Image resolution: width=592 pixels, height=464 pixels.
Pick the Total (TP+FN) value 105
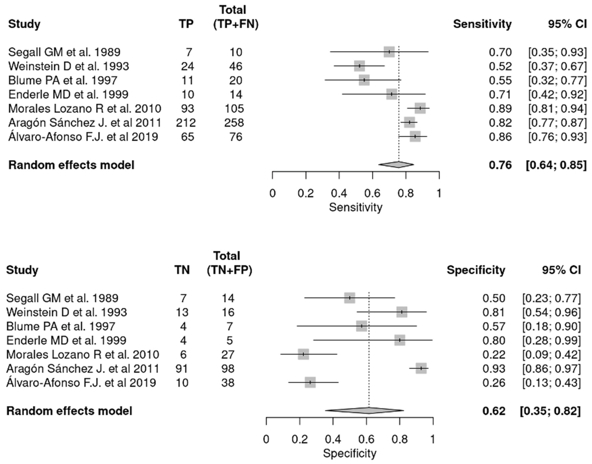234,108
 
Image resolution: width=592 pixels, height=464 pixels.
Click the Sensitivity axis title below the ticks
355,207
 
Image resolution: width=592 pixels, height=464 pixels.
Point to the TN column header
182,270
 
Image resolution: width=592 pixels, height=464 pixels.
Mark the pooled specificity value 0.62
494,411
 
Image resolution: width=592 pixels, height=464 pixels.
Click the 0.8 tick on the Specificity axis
400,439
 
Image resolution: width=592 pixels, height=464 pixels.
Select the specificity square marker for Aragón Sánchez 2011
421,368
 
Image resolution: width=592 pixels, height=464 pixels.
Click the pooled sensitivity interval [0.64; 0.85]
556,165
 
